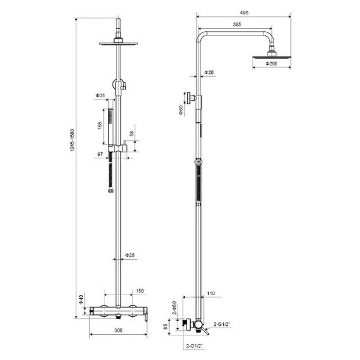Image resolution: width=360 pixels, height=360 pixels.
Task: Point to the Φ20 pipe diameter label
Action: click(x=209, y=72)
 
